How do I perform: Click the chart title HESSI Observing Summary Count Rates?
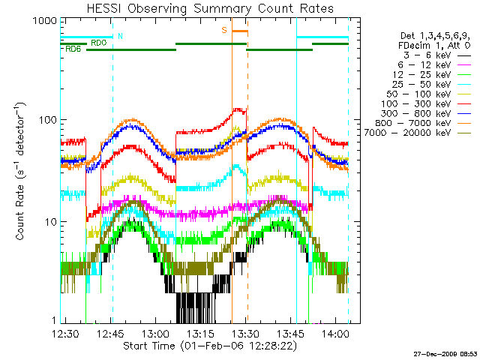click(210, 8)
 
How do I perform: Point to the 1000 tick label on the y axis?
click(43, 22)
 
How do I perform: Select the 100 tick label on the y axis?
click(46, 120)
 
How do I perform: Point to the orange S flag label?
click(223, 31)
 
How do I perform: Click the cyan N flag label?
click(121, 36)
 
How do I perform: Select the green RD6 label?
click(73, 49)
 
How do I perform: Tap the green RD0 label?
click(98, 43)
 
